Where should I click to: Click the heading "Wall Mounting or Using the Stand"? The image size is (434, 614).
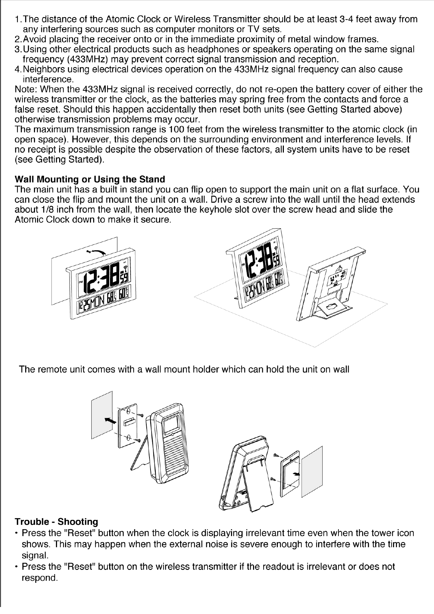[x=90, y=180]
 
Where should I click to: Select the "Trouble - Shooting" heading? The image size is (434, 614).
[x=56, y=522]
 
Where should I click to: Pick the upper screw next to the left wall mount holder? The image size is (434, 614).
[x=141, y=415]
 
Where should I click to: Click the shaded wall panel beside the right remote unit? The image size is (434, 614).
[x=312, y=471]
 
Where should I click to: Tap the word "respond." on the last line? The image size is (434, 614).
[x=40, y=578]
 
